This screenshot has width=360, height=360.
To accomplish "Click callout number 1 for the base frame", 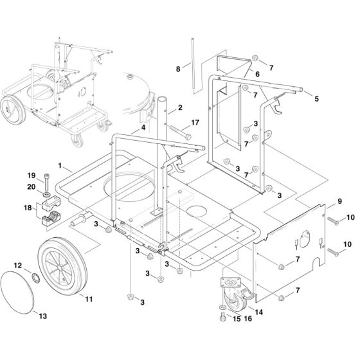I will click(x=59, y=166).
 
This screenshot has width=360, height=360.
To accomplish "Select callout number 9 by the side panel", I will click(x=340, y=202).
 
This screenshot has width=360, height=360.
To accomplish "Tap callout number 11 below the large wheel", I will click(x=89, y=300).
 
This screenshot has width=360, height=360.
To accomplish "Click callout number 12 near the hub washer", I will click(x=17, y=265).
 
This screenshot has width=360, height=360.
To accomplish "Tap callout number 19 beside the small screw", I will click(x=30, y=175).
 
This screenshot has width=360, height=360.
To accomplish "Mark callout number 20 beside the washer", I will click(x=30, y=186).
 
